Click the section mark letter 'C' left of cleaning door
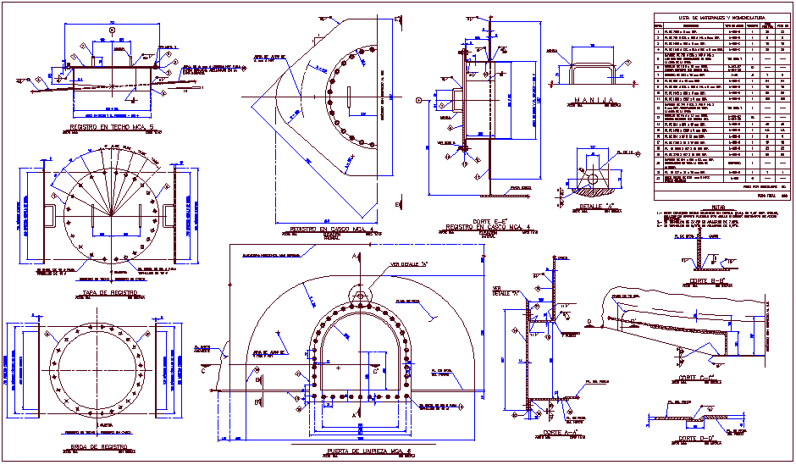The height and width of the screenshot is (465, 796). tap(203, 370)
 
